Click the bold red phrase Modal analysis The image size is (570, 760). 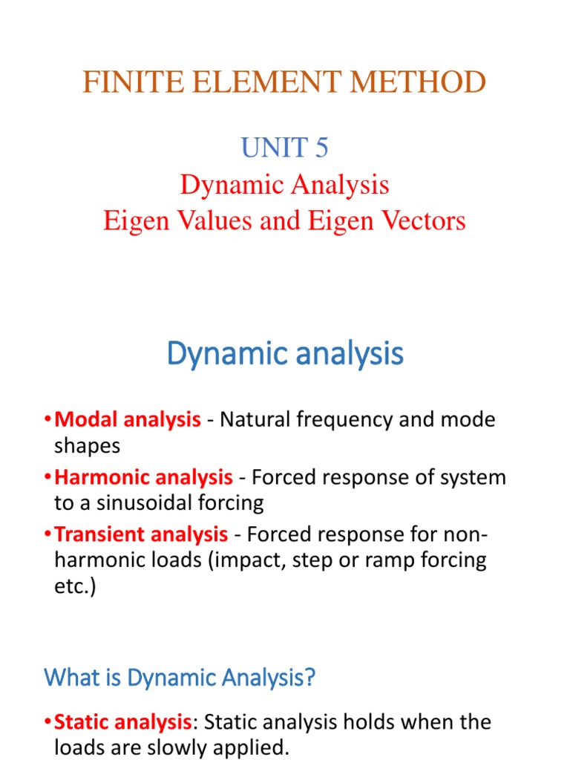pyautogui.click(x=128, y=420)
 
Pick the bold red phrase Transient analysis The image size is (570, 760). pyautogui.click(x=141, y=534)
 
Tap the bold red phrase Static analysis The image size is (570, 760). pyautogui.click(x=123, y=721)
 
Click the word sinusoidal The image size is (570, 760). pyautogui.click(x=139, y=502)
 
